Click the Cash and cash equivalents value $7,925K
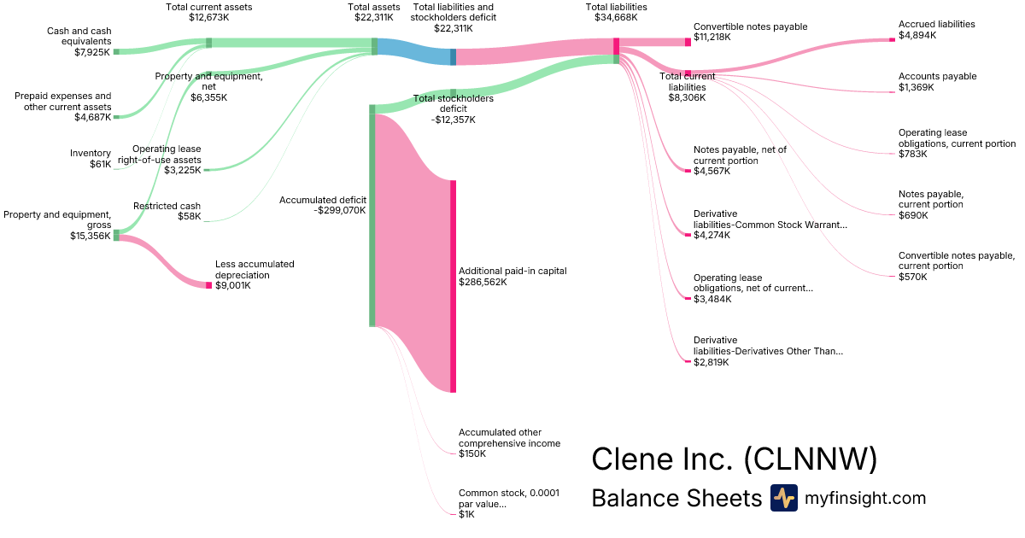coord(92,52)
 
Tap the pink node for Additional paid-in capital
coord(453,286)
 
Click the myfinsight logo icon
coord(783,498)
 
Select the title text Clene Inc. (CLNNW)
coord(734,459)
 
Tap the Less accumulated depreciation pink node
coord(208,285)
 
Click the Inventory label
coord(91,154)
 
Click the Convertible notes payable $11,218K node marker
coord(688,42)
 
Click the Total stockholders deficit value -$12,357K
coord(453,120)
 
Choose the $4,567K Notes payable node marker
coord(688,171)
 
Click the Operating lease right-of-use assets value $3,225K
coord(182,170)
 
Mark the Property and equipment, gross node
coord(116,235)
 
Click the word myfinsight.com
coord(865,498)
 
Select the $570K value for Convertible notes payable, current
coord(912,277)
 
